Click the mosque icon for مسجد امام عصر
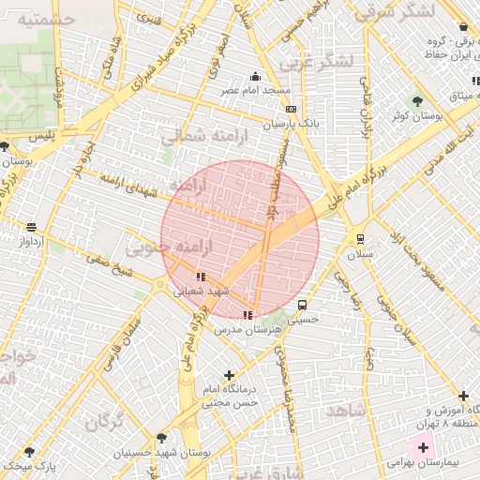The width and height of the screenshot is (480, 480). point(255,77)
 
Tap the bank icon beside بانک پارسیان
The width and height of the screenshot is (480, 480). point(291,109)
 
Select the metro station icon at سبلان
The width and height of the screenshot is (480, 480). point(361,238)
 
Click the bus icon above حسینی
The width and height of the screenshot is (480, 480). point(302,305)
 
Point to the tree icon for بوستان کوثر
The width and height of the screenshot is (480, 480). point(417,100)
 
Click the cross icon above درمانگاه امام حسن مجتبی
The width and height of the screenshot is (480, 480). point(229,375)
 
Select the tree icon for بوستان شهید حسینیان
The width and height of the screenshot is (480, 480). point(162,438)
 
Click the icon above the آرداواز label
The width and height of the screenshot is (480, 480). point(32,227)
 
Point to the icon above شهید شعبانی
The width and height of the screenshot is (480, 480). point(201,277)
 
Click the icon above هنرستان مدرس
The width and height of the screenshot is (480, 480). point(247,315)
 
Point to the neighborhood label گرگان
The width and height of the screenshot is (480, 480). point(105,421)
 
